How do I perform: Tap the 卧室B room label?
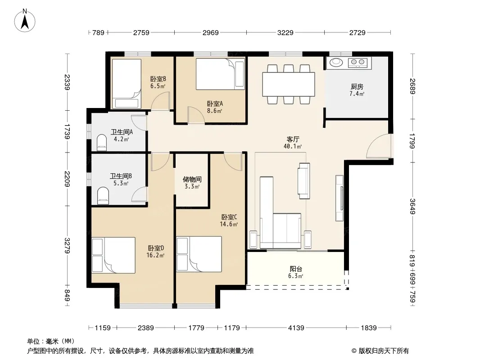point(158,79)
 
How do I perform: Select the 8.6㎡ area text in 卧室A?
point(214,111)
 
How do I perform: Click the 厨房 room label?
point(357,87)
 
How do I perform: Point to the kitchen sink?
point(336,63)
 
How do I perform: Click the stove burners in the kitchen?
point(358,63)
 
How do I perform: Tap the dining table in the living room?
point(288,84)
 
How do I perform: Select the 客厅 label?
point(293,139)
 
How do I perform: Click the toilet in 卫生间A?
point(102,143)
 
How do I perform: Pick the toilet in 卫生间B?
point(103,195)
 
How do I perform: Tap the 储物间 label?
point(192,179)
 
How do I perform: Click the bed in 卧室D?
point(113,255)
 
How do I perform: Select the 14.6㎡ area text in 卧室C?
point(229,224)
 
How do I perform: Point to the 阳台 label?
point(296,269)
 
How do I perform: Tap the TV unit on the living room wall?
point(340,198)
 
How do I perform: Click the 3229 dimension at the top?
point(285,32)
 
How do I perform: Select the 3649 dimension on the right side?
point(412,207)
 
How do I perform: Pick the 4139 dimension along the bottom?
point(296,328)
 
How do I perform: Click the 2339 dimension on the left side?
point(68,82)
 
